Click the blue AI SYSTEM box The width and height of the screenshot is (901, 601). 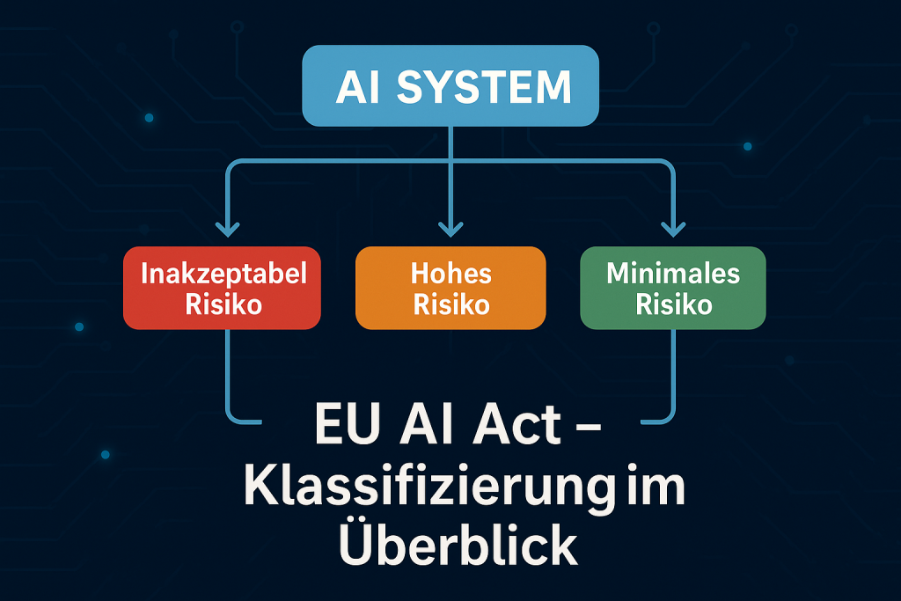pos(450,86)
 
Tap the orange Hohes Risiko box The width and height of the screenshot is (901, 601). pos(450,288)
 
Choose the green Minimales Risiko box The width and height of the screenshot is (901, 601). pos(673,288)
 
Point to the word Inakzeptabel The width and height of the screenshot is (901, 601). pos(224,274)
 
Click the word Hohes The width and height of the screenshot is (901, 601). pos(450,274)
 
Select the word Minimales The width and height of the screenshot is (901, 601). pos(673,274)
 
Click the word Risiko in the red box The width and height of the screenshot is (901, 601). pos(224,304)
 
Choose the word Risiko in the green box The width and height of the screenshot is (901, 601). pos(673,304)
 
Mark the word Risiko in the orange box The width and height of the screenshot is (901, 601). pos(450,304)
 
